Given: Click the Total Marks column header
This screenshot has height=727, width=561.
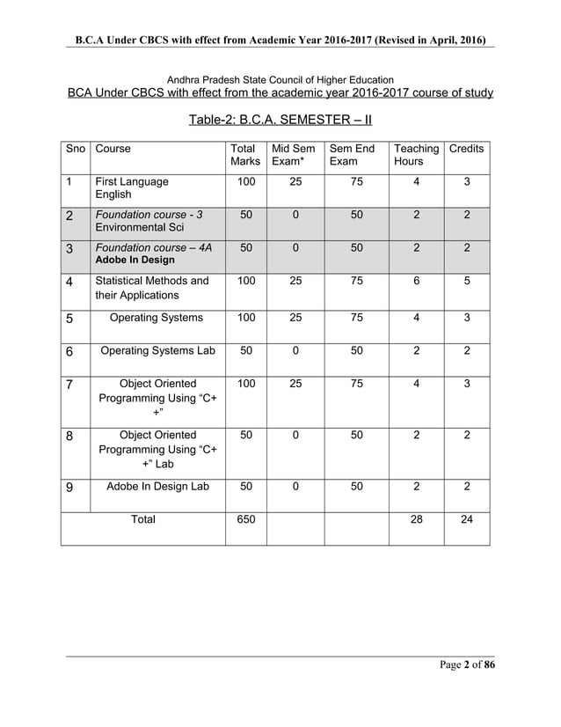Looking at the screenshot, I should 245,155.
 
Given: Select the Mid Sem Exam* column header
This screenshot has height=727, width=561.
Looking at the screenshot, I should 294,155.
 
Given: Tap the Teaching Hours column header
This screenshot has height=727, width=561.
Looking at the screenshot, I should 416,155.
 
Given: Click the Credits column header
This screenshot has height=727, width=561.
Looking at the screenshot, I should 466,149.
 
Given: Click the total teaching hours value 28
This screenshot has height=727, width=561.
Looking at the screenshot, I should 416,519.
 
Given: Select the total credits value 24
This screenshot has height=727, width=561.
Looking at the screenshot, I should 466,519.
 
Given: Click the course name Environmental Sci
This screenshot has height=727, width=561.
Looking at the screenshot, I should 134,227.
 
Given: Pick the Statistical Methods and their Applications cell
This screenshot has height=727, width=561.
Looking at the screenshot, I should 151,288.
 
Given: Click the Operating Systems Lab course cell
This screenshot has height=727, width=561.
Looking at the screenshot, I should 157,350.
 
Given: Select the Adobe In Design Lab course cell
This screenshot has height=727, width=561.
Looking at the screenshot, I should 157,486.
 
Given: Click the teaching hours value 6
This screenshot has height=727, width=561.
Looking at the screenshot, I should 416,281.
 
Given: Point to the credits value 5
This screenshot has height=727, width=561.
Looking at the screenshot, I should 466,281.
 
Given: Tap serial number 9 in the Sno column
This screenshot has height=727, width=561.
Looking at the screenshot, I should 69,487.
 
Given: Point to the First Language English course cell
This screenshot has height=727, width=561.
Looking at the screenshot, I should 131,187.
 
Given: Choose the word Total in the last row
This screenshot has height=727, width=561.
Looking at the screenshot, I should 143,519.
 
